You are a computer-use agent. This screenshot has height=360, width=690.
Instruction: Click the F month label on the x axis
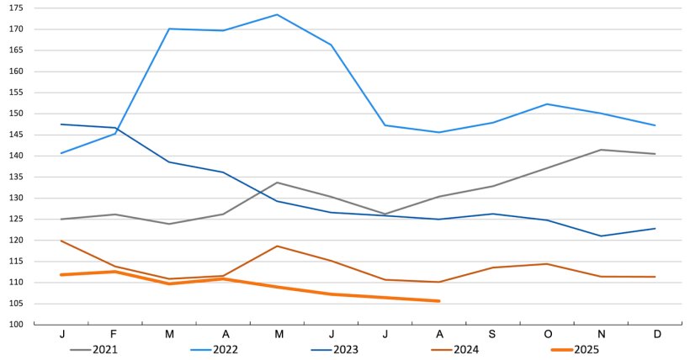click(115, 334)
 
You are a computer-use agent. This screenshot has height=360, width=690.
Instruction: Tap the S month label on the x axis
click(492, 334)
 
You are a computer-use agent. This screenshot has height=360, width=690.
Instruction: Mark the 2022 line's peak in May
click(277, 14)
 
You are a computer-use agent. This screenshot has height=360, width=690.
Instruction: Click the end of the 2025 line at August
click(438, 301)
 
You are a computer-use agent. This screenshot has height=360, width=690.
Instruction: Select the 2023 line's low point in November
click(600, 236)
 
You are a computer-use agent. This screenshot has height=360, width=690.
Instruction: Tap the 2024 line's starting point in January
click(61, 241)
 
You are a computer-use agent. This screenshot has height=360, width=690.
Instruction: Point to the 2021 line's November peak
click(600, 150)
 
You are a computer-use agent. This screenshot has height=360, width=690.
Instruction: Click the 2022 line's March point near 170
click(169, 29)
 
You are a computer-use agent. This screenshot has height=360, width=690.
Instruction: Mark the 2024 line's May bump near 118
click(277, 246)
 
